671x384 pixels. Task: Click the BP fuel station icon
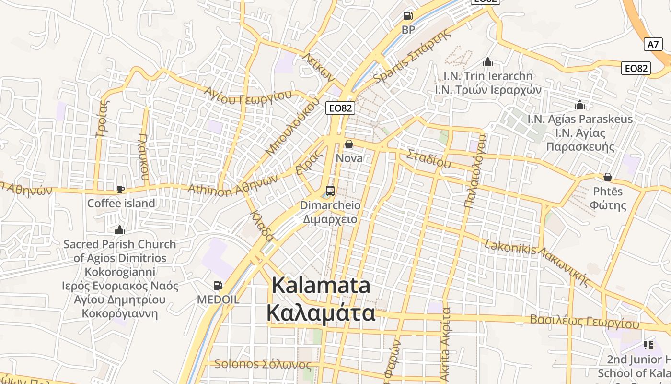408,16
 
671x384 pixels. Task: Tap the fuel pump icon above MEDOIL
218,286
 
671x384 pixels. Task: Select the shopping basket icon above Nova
349,144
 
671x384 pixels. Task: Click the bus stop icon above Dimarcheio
330,191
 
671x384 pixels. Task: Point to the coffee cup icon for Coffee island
121,190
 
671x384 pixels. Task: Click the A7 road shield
653,45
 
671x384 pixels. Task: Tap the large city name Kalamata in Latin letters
321,286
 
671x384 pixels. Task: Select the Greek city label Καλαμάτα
321,313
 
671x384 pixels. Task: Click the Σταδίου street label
429,158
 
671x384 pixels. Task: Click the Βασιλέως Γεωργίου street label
584,322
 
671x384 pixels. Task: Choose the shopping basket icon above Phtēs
607,177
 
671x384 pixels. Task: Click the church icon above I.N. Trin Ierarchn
488,62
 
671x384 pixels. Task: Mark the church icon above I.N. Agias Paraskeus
580,105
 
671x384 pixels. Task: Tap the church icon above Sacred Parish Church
120,230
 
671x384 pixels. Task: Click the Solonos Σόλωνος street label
263,364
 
